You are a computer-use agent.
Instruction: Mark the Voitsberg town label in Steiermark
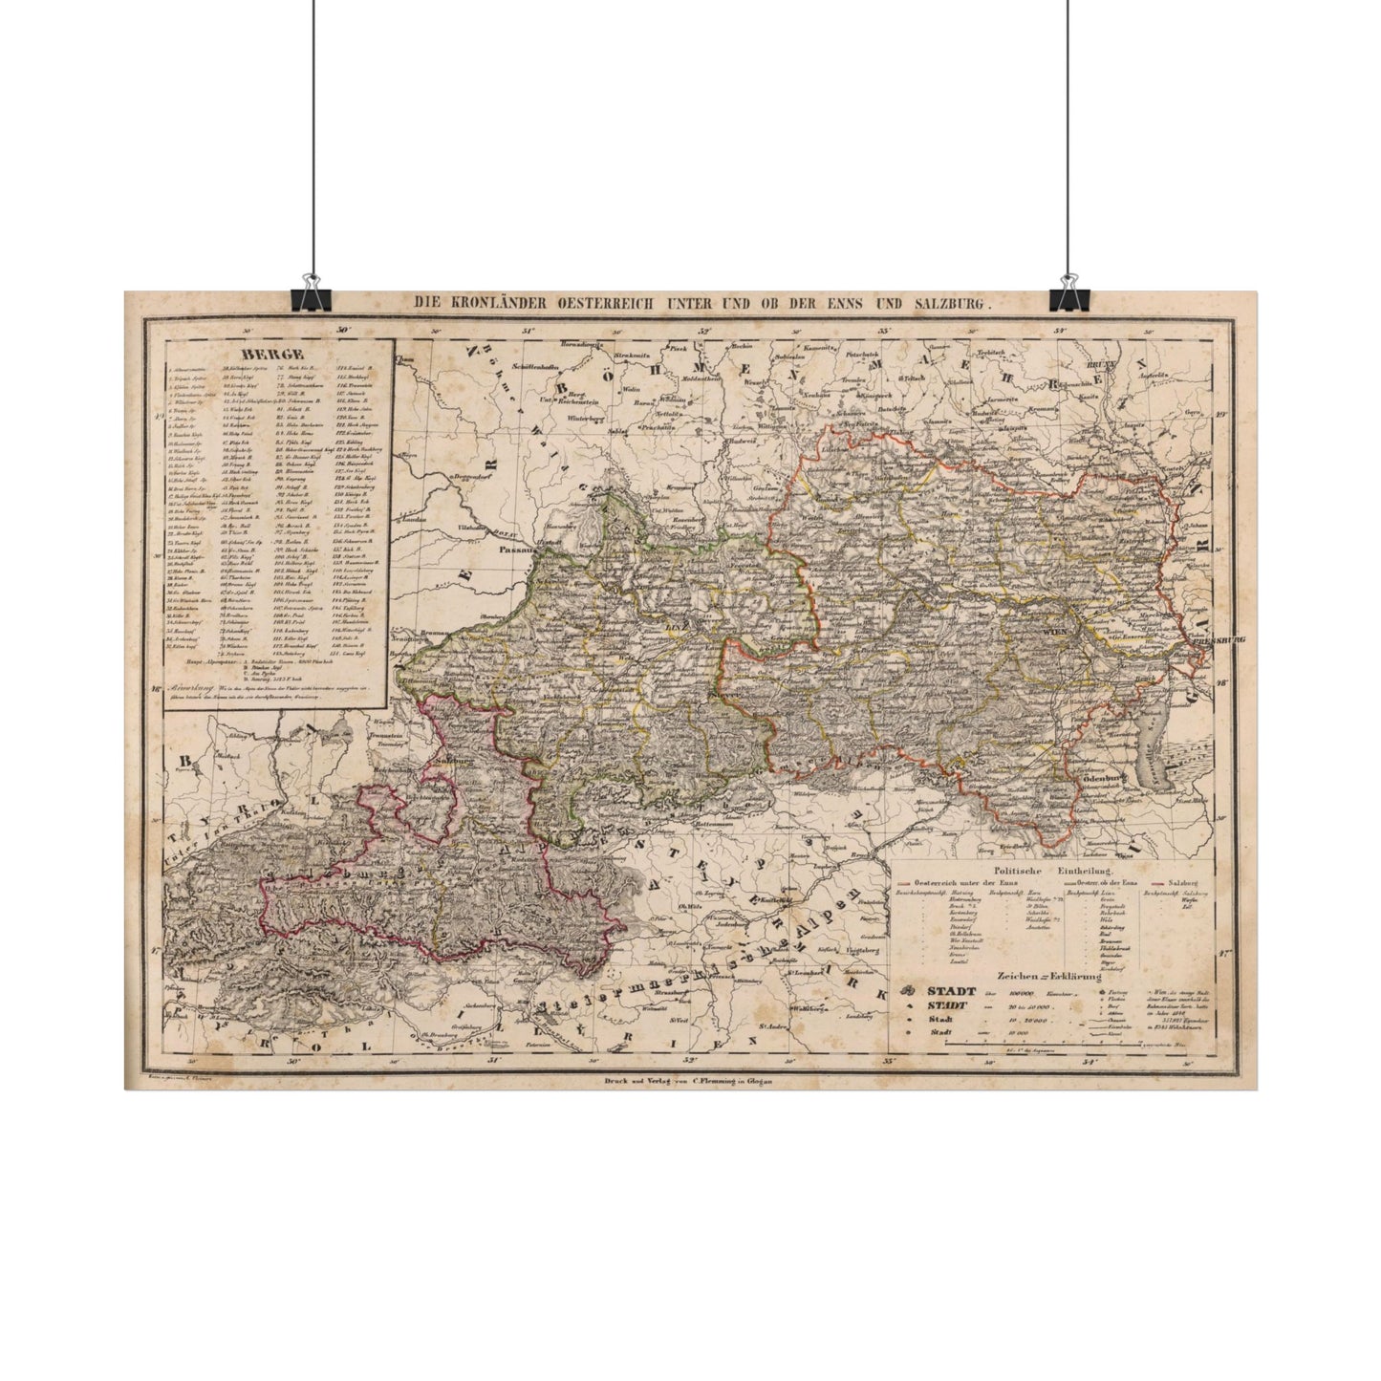tap(868, 950)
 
